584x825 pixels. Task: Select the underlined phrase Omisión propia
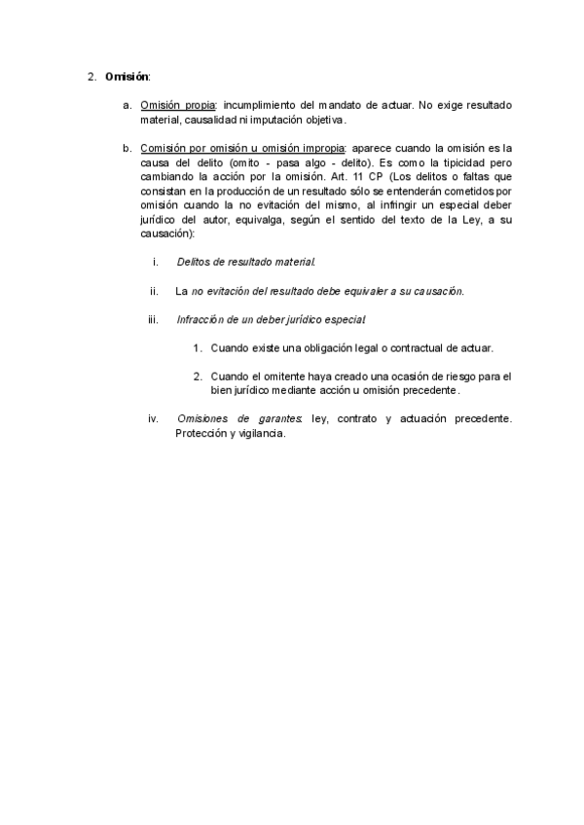point(177,105)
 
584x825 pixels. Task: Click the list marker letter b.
point(126,148)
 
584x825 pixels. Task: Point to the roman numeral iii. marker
point(153,319)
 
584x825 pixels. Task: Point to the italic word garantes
point(279,419)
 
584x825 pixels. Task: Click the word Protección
point(201,434)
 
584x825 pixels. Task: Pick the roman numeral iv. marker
point(153,419)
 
